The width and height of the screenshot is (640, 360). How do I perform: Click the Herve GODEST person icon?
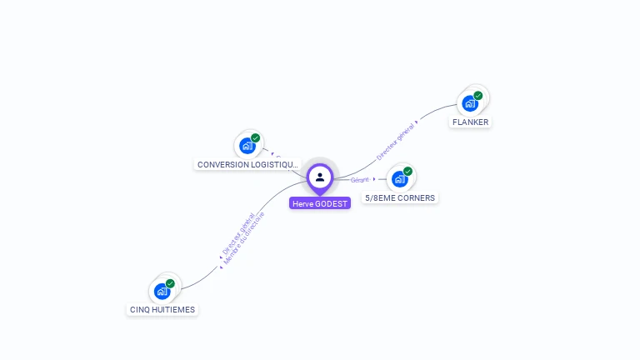coord(320,177)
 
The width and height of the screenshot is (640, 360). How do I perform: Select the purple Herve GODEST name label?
coord(320,203)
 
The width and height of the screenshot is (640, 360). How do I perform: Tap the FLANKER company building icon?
coord(470,104)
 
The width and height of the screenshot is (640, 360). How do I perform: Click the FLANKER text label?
coord(470,122)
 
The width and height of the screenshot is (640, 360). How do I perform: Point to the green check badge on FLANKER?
coord(478,95)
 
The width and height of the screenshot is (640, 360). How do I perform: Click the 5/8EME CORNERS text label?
coord(400,198)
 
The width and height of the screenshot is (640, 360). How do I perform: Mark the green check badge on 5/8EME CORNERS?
coord(407,171)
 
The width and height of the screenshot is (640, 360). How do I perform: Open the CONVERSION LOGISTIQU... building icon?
coord(247,147)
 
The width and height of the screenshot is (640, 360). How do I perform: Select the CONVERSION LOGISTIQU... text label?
coord(247,165)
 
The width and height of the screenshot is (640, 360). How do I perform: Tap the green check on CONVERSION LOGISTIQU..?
coord(256,137)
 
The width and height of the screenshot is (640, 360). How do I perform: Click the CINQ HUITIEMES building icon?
coord(162,292)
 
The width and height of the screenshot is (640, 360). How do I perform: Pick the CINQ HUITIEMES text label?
coord(162,310)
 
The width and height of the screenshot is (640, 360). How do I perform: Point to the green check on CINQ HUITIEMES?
coord(170,283)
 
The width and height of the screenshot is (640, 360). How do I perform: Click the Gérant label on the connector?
coord(359,180)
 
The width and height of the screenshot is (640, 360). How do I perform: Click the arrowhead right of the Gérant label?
coord(374,179)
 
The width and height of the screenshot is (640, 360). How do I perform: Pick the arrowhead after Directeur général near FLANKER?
coord(417,122)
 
